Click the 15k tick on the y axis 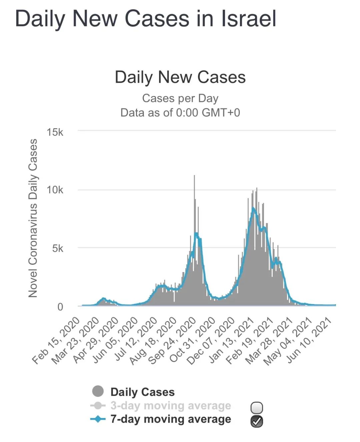coord(55,132)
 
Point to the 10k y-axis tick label coord(55,190)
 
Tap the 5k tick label coord(58,248)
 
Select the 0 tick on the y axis coord(60,307)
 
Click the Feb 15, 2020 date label coord(56,341)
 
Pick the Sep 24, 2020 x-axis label coord(172,341)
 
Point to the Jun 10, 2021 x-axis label coord(309,341)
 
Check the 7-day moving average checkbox coord(257,421)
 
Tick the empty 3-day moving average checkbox coord(257,408)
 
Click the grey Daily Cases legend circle coord(98,391)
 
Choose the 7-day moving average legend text coord(171,419)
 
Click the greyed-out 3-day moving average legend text coord(171,406)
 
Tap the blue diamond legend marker coord(98,419)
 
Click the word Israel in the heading coord(249,19)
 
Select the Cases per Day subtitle coord(180,98)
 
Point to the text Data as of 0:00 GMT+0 coord(180,113)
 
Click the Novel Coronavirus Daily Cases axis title coord(33,218)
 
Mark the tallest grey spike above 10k coord(194,208)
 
